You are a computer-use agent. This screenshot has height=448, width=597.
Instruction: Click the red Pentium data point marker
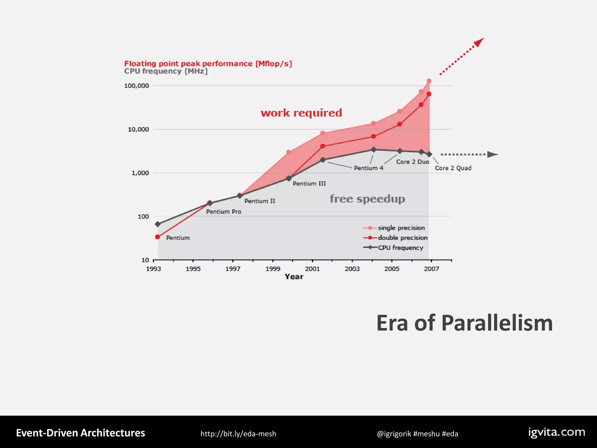[x=157, y=237]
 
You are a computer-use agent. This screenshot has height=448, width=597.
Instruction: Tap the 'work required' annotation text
[x=301, y=113]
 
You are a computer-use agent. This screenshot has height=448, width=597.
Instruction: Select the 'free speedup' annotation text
[x=367, y=199]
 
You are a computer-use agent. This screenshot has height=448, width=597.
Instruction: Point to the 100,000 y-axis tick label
[x=136, y=86]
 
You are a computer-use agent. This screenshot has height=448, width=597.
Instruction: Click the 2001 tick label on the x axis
[x=312, y=269]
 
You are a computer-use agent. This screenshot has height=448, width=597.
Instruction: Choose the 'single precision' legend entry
[x=401, y=228]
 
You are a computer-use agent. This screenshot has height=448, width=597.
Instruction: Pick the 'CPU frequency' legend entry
[x=400, y=248]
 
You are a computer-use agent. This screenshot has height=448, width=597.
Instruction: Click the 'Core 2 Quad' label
[x=453, y=168]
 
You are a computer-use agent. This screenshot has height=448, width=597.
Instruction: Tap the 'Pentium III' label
[x=309, y=183]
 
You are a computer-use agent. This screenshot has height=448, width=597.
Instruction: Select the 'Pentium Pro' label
[x=224, y=212]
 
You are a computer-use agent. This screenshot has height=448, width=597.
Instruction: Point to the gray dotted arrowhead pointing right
[x=492, y=154]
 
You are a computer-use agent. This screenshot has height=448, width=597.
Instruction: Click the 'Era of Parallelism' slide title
[x=464, y=323]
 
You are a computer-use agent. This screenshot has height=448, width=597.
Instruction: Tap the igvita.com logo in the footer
[x=556, y=433]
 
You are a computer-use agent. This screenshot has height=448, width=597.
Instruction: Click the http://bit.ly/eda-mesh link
[x=238, y=434]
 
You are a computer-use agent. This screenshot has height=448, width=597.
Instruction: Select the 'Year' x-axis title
[x=294, y=277]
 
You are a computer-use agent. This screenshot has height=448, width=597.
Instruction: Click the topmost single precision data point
[x=429, y=81]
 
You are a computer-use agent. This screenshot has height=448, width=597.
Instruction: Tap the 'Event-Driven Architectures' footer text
[x=80, y=433]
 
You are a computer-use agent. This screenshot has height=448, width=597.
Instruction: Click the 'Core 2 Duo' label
[x=412, y=162]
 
